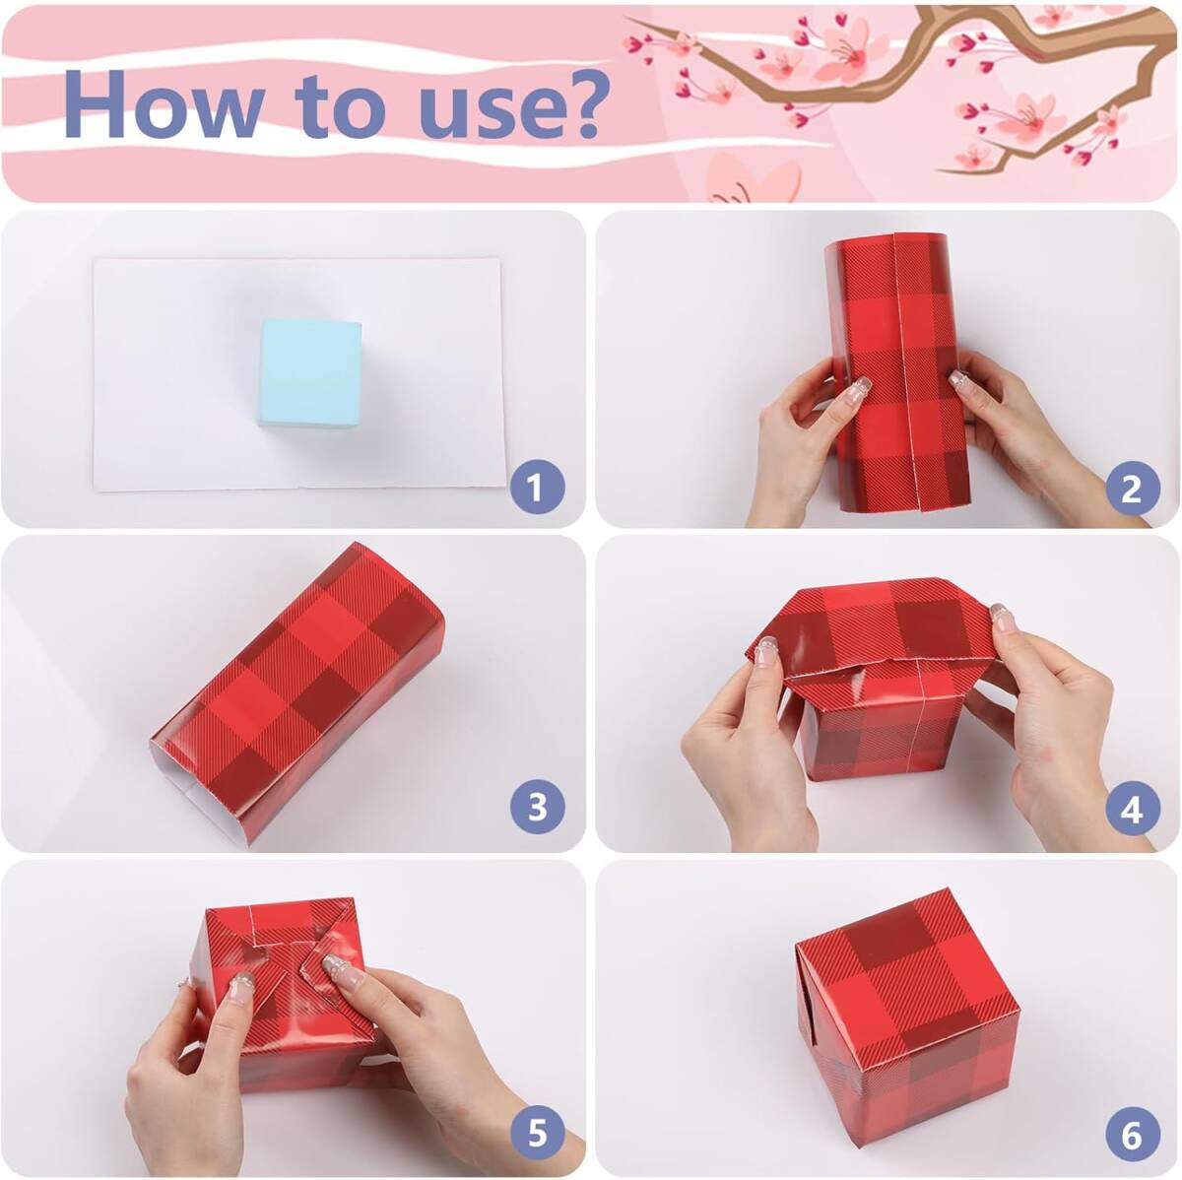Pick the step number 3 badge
(x=538, y=808)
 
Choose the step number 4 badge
(x=1133, y=808)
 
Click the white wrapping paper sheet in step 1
(x=298, y=375)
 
